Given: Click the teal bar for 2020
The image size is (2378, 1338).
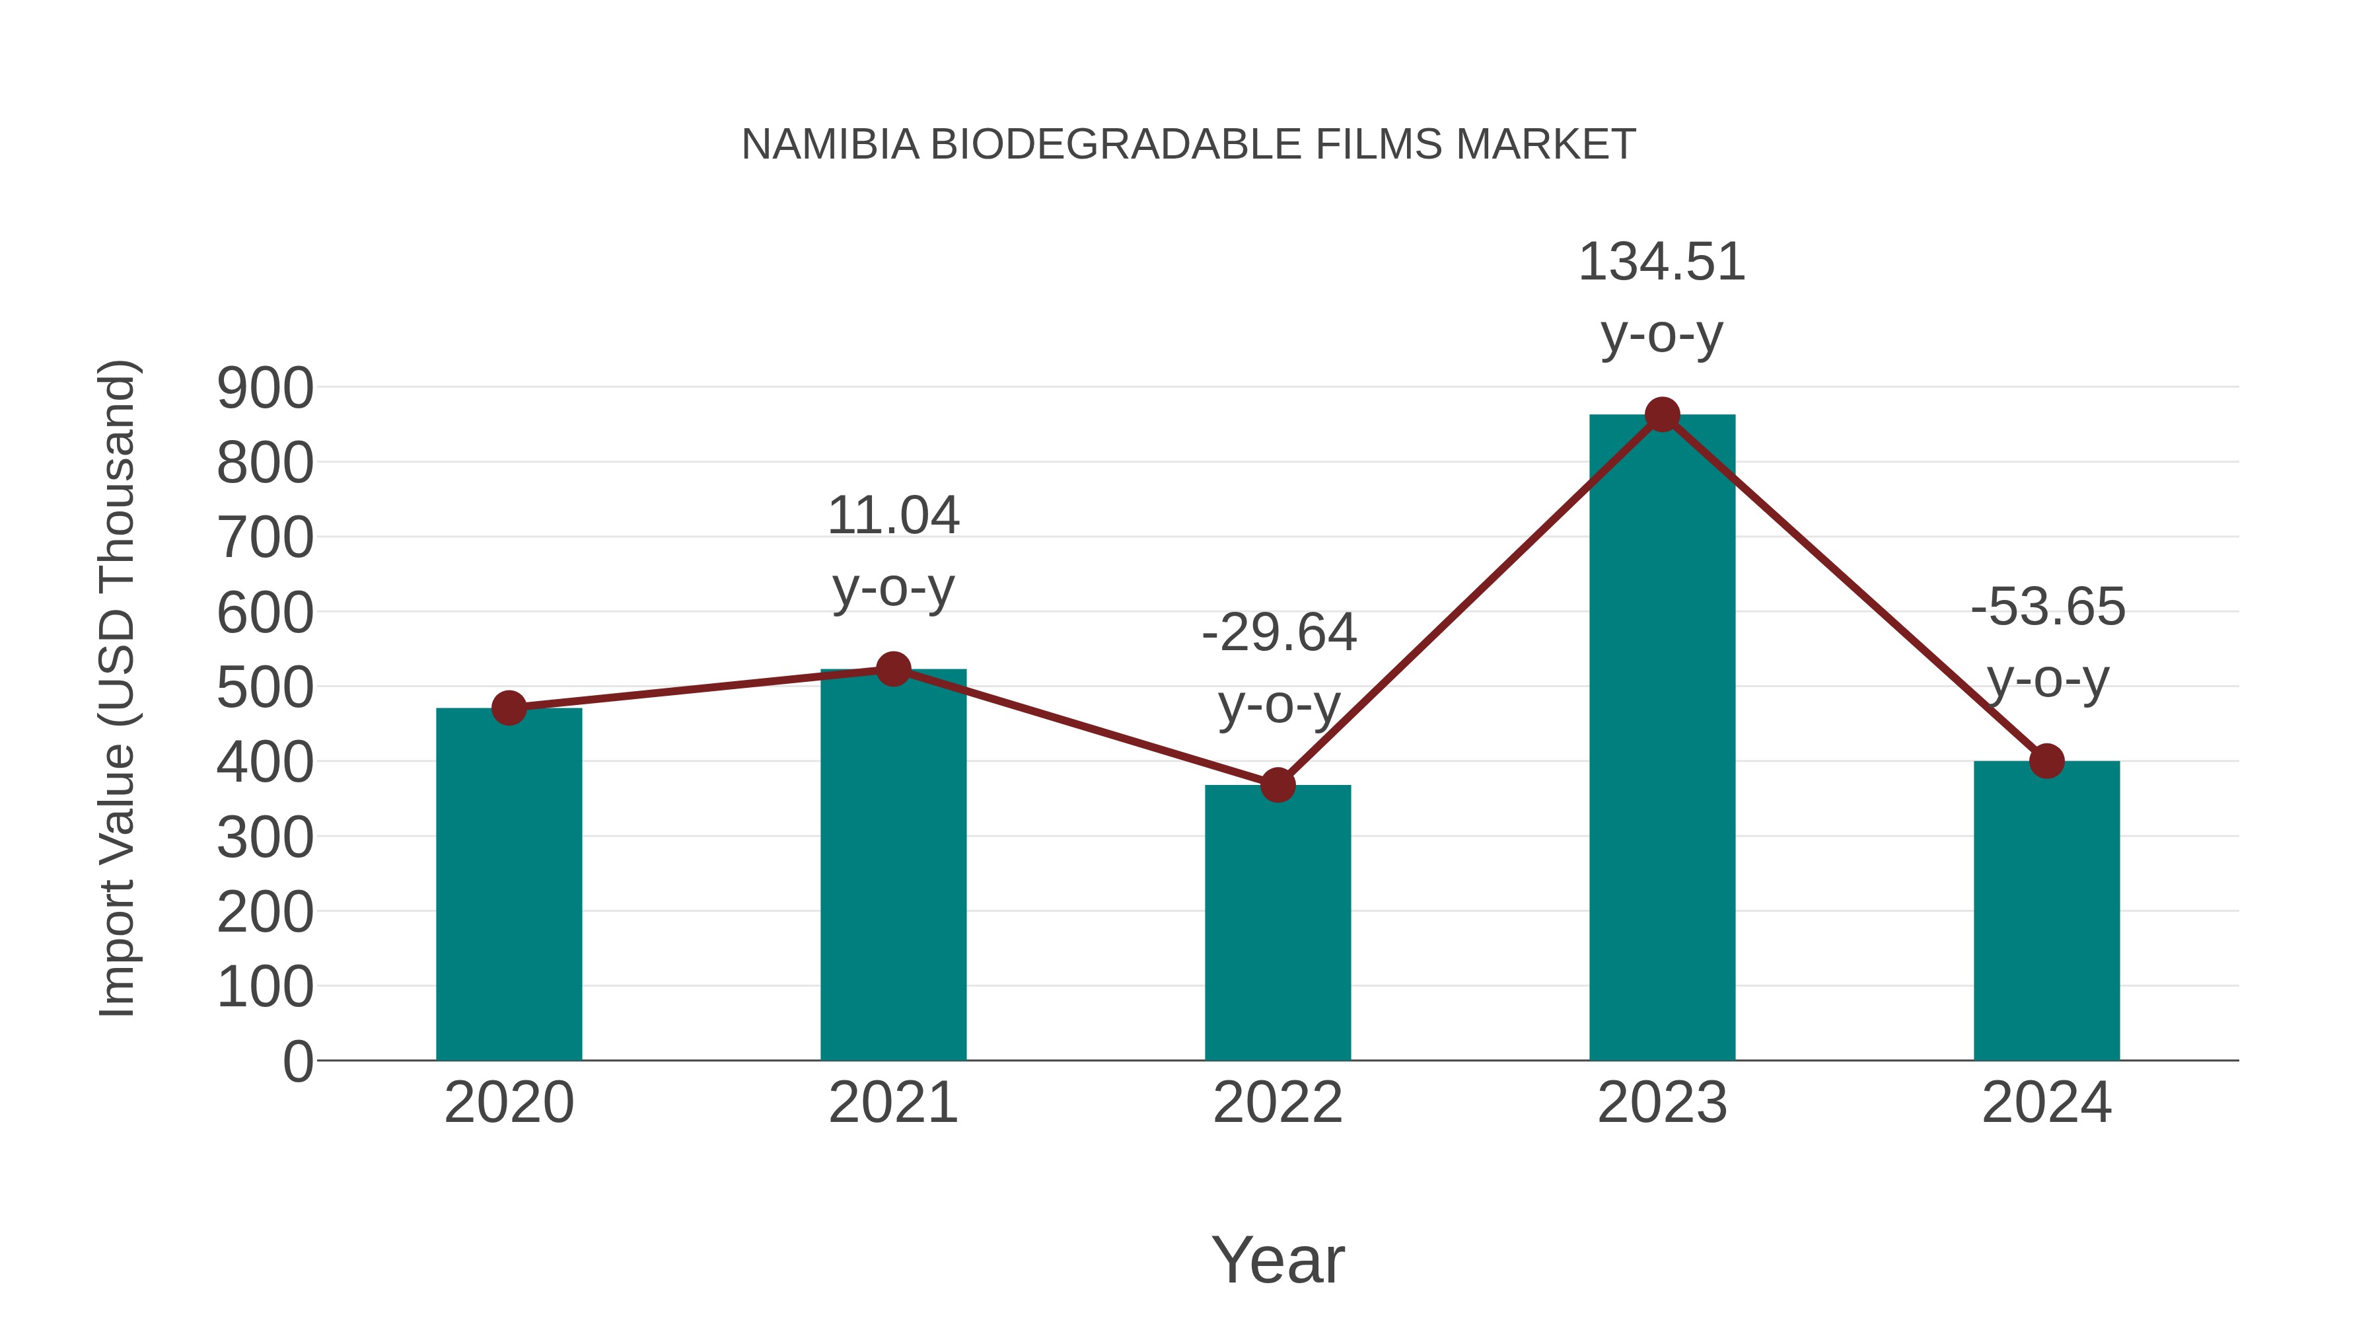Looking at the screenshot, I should click(509, 887).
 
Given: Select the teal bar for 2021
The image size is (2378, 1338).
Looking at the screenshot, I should click(892, 868).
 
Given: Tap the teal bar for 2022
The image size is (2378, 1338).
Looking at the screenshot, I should click(1278, 924).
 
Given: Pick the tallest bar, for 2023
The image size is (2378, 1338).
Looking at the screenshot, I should click(1662, 739).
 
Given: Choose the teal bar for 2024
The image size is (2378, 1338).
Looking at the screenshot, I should click(2046, 914).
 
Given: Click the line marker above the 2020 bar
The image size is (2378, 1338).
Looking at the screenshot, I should click(509, 708).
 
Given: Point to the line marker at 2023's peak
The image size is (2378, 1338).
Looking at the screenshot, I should click(1662, 414).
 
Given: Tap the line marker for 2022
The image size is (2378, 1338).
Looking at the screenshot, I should click(1278, 785).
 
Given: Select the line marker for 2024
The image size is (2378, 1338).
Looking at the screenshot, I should click(2046, 761).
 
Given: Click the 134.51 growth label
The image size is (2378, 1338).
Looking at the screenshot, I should click(1662, 262).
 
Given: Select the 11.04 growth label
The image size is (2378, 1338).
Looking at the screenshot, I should click(892, 515).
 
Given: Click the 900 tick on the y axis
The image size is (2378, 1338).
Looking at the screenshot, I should click(265, 388).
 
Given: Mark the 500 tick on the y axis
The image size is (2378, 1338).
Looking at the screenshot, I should click(265, 688).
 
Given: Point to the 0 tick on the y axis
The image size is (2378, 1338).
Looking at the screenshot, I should click(297, 1061).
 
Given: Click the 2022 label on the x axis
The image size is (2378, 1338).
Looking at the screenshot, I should click(1278, 1103).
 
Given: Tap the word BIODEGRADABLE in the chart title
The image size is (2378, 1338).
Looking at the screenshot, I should click(1116, 145).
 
